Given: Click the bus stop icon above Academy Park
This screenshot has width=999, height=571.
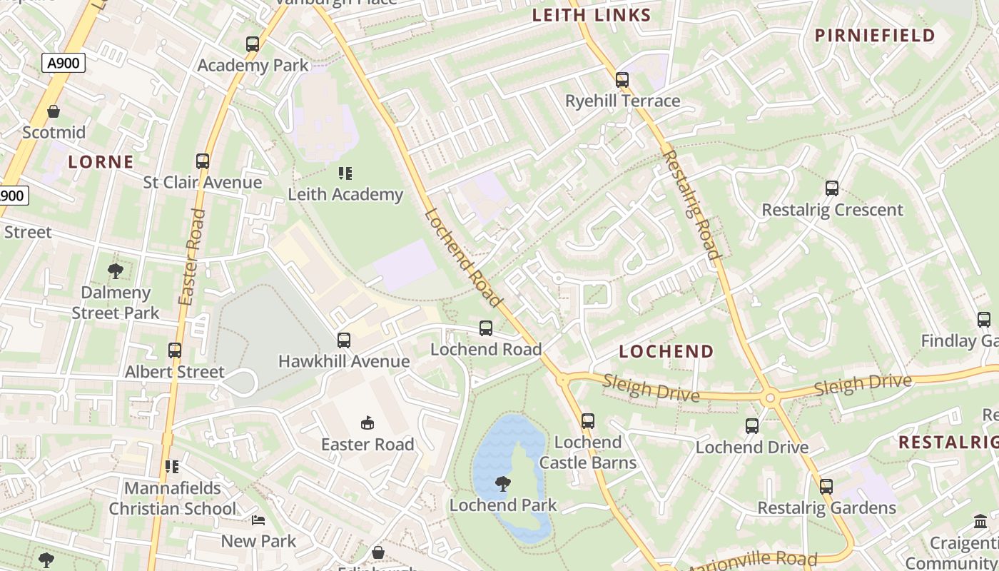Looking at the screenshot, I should (x=253, y=44).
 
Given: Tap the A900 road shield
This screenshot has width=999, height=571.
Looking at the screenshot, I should (x=64, y=64).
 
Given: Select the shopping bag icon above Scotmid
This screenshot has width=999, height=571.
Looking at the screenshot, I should (x=54, y=111).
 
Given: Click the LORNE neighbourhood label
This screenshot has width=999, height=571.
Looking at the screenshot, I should (x=101, y=162).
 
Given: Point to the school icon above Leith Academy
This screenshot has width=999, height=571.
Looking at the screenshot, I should (x=345, y=173).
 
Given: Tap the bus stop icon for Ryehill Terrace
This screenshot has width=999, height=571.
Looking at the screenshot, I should (x=622, y=80).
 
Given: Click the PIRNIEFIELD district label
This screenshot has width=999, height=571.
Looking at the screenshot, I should (x=875, y=36).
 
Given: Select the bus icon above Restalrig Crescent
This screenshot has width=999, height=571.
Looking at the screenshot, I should (x=832, y=188).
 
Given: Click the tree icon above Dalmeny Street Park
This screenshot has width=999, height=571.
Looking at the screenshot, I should (x=115, y=271).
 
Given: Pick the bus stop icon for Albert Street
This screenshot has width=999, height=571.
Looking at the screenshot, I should (x=175, y=350).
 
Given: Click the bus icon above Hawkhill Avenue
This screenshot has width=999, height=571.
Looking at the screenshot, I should (x=344, y=340).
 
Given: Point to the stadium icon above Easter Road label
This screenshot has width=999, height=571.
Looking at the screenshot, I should (x=367, y=423).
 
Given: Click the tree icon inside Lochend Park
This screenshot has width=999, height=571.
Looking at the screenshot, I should (x=503, y=484).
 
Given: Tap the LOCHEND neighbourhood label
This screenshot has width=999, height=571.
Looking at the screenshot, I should (x=666, y=351).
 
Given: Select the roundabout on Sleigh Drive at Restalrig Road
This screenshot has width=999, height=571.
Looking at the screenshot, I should (x=769, y=398).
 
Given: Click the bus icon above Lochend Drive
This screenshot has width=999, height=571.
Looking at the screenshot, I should (x=752, y=426).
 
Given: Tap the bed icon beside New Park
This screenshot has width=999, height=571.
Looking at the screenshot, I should (x=258, y=520).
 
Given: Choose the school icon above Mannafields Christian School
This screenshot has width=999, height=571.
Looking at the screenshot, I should (x=172, y=467).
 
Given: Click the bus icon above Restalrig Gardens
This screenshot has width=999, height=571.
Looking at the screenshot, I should (x=826, y=487).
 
